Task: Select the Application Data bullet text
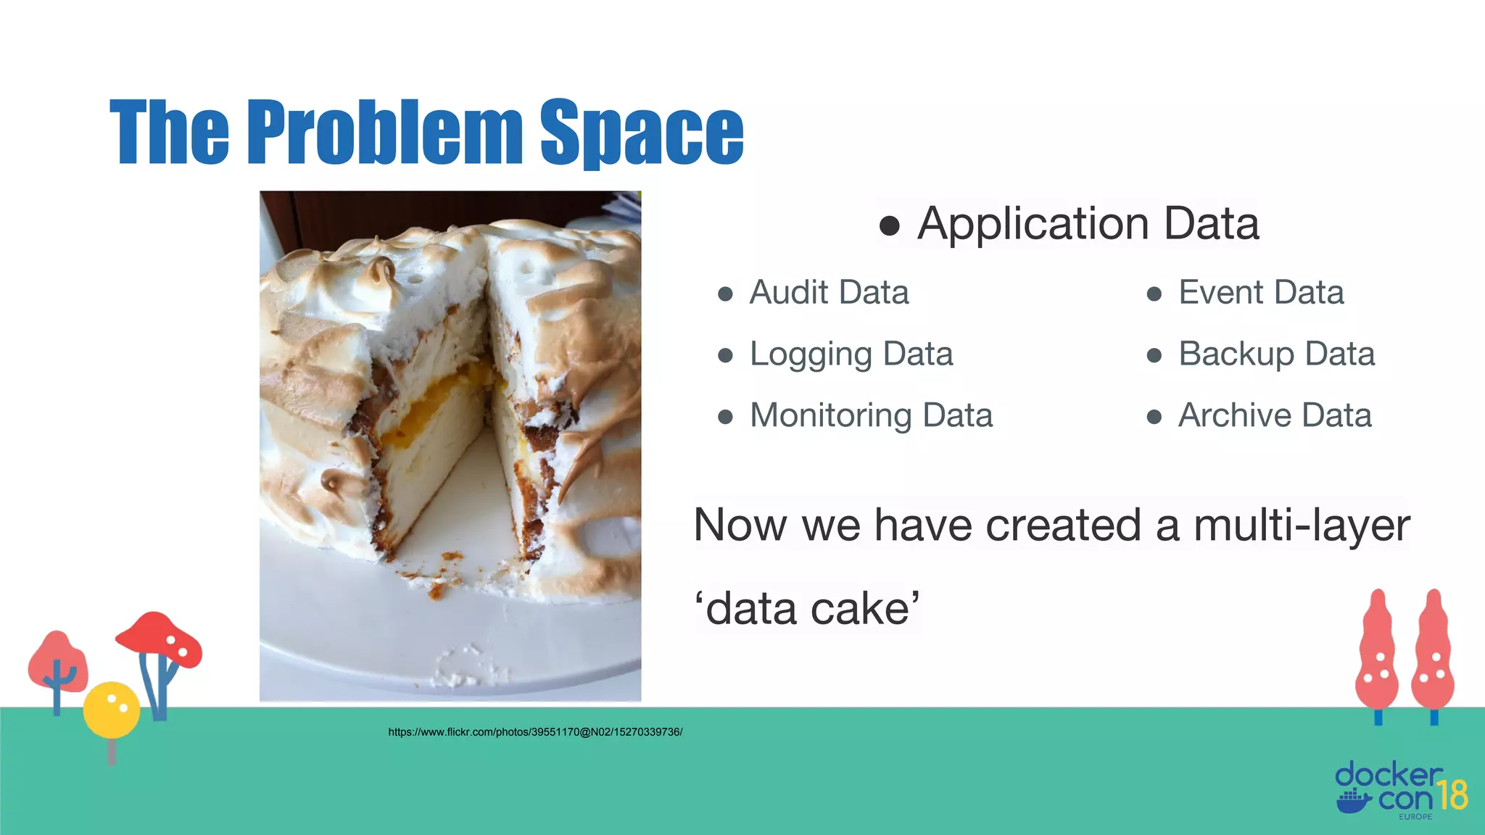(x=1088, y=223)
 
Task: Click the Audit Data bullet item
(x=829, y=293)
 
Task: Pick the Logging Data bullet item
(x=851, y=354)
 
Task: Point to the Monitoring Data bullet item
(x=871, y=416)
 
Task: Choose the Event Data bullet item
(x=1261, y=293)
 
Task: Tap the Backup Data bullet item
(x=1276, y=354)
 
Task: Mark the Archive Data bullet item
(x=1275, y=416)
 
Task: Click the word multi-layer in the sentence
(x=1302, y=525)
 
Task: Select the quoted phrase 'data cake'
(x=807, y=609)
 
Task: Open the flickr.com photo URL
(x=535, y=732)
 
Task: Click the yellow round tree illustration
(x=111, y=709)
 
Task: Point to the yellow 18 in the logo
(x=1452, y=795)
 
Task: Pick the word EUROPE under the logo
(x=1415, y=817)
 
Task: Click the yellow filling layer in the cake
(x=435, y=399)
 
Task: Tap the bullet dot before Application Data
(x=890, y=225)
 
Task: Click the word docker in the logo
(x=1388, y=775)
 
